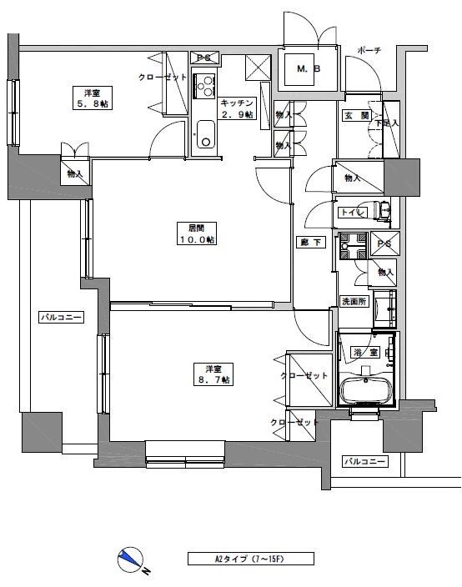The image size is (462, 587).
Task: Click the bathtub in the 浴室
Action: (367, 389)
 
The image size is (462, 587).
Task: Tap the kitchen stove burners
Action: (204, 86)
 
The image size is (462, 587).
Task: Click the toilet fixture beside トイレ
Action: (383, 213)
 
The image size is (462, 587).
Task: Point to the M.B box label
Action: (308, 70)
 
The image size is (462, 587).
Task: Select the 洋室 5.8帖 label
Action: (93, 97)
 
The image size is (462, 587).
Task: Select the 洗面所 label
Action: (353, 301)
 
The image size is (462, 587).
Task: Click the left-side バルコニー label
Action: (61, 318)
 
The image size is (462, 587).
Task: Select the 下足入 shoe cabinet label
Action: (384, 123)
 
